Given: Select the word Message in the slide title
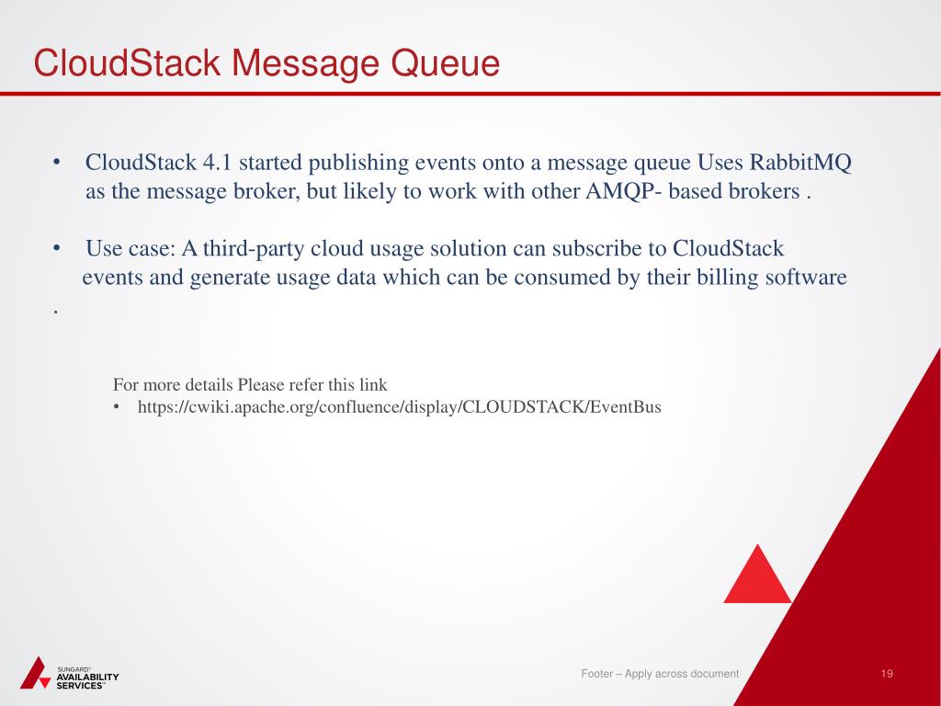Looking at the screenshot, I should click(x=305, y=64).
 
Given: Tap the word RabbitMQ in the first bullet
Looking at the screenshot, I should click(x=800, y=164).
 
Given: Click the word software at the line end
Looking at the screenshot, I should click(x=806, y=278).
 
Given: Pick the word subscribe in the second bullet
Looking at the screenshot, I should click(x=602, y=249).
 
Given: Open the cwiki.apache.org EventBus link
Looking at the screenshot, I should click(x=399, y=406).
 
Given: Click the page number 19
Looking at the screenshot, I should click(x=887, y=674).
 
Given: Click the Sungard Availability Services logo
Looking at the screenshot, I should click(x=69, y=673).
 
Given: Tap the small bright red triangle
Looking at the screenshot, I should click(x=757, y=577).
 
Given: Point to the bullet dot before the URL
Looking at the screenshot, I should click(x=118, y=406).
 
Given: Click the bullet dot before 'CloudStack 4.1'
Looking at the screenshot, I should click(x=57, y=164).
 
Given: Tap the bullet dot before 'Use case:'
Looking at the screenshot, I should click(x=57, y=249).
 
